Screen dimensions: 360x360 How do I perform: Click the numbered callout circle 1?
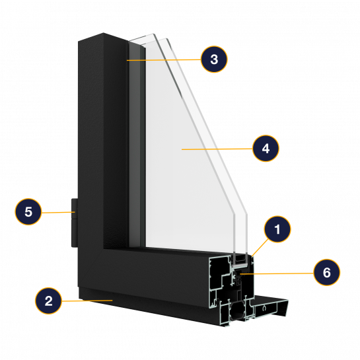(x=277, y=229)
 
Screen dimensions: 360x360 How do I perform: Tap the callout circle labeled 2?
(x=48, y=301)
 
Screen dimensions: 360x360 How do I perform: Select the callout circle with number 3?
(x=214, y=59)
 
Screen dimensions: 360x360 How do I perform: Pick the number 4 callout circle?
(x=266, y=149)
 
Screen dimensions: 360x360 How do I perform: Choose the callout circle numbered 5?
(x=28, y=211)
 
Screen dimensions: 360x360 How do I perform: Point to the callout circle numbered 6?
(x=327, y=273)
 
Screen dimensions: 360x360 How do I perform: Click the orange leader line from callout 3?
(x=164, y=60)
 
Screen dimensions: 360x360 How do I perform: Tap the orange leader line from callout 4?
(x=217, y=149)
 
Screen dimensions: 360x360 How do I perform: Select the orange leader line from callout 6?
(x=277, y=273)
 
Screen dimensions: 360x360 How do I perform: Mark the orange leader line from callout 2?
(x=87, y=301)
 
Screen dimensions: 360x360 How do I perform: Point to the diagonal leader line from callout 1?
(x=260, y=247)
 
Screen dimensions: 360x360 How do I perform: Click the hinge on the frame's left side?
(x=75, y=223)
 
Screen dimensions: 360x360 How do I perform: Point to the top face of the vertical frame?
(x=103, y=37)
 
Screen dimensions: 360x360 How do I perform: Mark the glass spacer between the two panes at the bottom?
(x=240, y=260)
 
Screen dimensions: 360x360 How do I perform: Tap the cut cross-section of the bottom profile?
(x=231, y=290)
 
